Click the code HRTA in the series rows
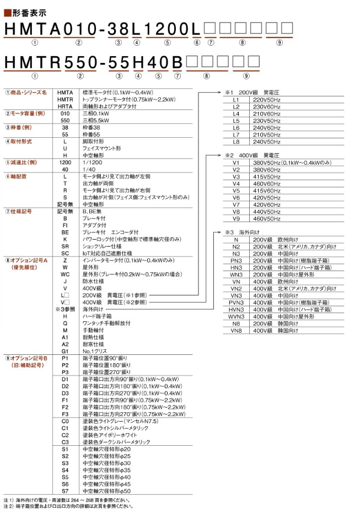tap(65, 106)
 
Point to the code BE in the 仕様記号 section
tap(65, 232)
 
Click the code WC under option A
tap(65, 274)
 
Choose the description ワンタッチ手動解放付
tap(106, 323)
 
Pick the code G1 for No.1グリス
tap(65, 350)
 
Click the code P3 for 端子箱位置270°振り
tap(65, 372)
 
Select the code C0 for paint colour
tap(65, 421)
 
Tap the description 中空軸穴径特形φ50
tap(106, 490)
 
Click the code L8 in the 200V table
tap(236, 141)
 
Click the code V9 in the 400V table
tap(236, 219)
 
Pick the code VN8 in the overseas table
tap(236, 331)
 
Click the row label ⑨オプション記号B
tap(24, 358)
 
